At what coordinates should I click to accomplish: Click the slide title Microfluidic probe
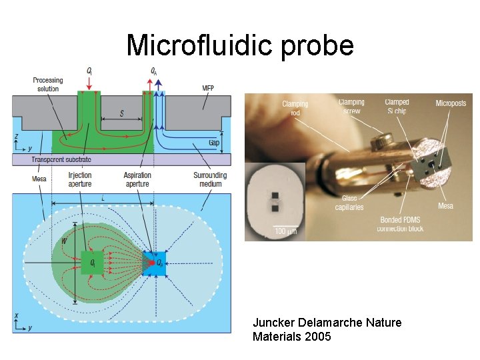(x=239, y=45)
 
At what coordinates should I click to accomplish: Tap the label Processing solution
(x=47, y=85)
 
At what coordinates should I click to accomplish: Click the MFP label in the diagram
(x=208, y=88)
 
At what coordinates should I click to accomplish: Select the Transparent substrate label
(x=61, y=160)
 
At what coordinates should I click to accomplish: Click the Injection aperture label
(x=80, y=179)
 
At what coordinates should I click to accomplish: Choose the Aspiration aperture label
(x=138, y=179)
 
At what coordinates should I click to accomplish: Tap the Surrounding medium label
(x=210, y=179)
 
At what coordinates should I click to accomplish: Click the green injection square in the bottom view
(x=92, y=263)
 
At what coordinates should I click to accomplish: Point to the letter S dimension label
(x=121, y=113)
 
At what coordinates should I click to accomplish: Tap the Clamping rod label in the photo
(x=295, y=108)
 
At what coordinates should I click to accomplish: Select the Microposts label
(x=451, y=104)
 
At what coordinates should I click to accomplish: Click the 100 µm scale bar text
(x=285, y=231)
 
